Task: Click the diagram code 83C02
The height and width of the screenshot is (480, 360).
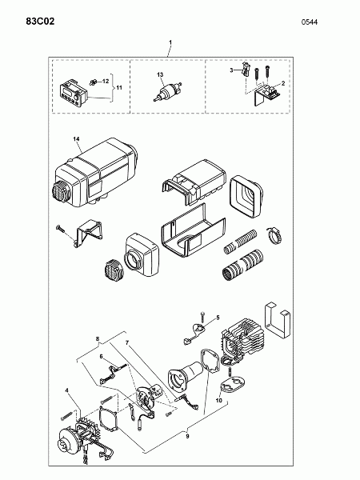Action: coord(40,22)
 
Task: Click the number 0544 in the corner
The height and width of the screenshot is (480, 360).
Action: coord(309,22)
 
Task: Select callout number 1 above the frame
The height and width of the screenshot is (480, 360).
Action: coord(170,42)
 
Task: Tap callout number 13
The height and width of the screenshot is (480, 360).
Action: coord(160,74)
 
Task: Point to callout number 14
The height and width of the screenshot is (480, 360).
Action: coord(76,139)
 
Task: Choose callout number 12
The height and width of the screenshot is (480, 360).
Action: coord(106,81)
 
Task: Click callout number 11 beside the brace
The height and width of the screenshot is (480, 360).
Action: coord(118,88)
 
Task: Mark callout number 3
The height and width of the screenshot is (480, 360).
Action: coord(231,70)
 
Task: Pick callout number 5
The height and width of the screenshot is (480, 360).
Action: coord(218,318)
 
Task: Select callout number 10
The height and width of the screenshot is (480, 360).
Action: coord(218,401)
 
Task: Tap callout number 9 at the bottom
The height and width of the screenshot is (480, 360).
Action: coord(188,437)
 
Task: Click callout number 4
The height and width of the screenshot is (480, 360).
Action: coord(66,390)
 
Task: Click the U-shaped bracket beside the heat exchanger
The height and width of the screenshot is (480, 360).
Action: coord(277,322)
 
